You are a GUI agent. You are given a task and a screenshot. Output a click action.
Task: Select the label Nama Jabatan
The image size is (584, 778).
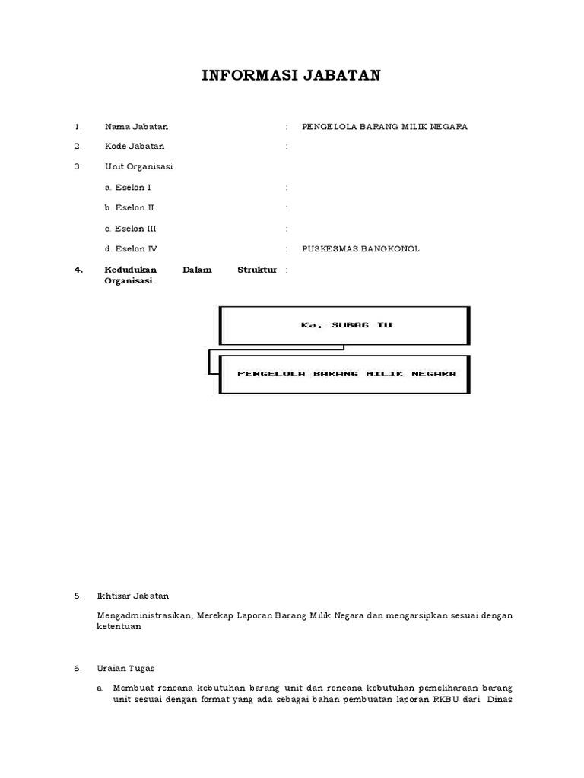pyautogui.click(x=136, y=126)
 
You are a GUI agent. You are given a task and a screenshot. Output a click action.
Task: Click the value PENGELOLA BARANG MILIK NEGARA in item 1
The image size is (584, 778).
pyautogui.click(x=385, y=126)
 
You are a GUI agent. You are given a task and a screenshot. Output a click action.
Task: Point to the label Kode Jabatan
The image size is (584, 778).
pyautogui.click(x=135, y=146)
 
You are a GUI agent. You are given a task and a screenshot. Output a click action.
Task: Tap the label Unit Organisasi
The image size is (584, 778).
pyautogui.click(x=139, y=166)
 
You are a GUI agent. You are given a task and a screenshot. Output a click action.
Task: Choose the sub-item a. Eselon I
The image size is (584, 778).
pyautogui.click(x=128, y=187)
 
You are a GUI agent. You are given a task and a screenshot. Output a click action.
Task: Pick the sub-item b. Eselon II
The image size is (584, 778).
pyautogui.click(x=130, y=207)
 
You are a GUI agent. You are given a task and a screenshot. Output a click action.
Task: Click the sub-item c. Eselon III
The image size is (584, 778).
pyautogui.click(x=131, y=228)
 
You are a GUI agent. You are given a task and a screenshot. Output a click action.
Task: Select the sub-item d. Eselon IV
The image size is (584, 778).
pyautogui.click(x=131, y=248)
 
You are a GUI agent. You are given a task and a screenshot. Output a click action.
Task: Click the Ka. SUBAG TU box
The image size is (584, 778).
pyautogui.click(x=344, y=325)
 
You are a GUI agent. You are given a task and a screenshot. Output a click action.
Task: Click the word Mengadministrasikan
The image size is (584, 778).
pyautogui.click(x=144, y=615)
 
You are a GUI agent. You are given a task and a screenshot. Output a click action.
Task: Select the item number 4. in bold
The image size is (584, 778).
pyautogui.click(x=78, y=270)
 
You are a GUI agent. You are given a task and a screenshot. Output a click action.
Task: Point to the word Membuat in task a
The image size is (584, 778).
pyautogui.click(x=131, y=688)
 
